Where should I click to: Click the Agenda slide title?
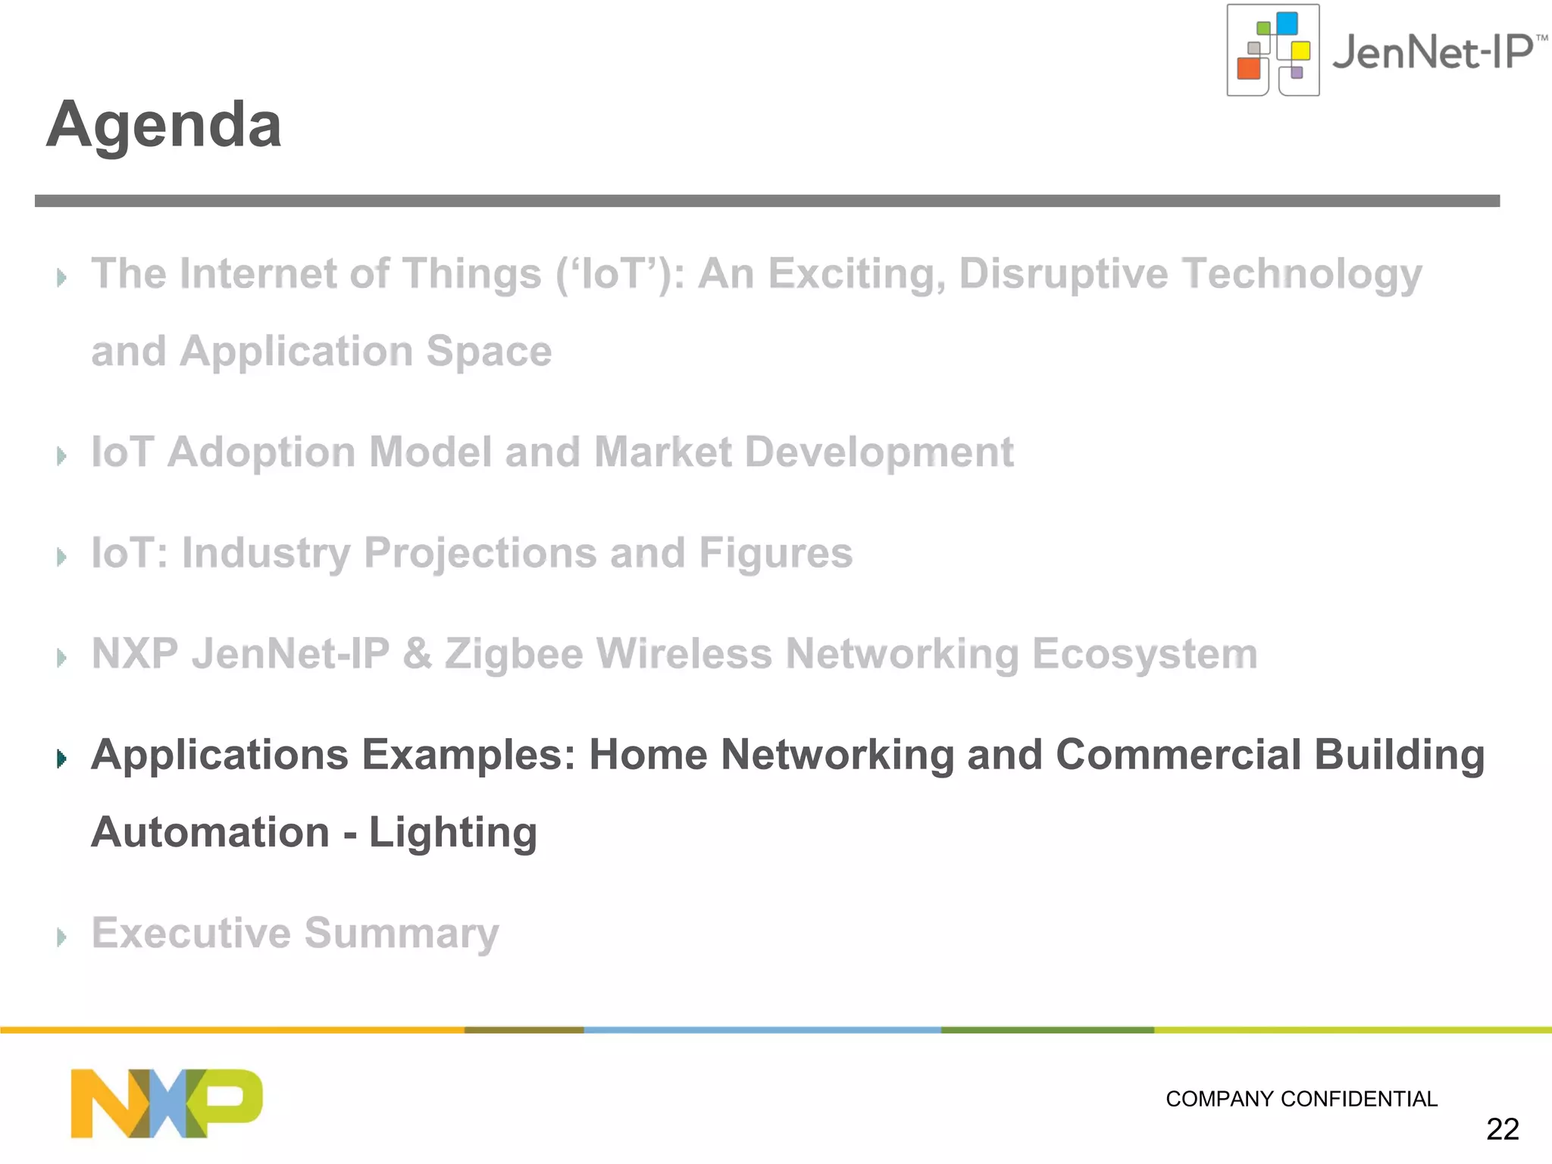[164, 125]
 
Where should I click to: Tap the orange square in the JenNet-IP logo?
[1248, 68]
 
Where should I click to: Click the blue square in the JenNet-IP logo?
[1287, 23]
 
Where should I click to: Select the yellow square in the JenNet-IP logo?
[1300, 51]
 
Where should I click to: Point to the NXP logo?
[166, 1103]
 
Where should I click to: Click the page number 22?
[1502, 1129]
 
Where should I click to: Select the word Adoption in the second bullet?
[261, 452]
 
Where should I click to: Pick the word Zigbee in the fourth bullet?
[514, 654]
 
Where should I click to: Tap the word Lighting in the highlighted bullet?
[453, 833]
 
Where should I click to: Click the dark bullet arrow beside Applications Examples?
[62, 758]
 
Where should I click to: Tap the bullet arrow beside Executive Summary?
[62, 937]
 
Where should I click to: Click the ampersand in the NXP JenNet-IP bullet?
[417, 654]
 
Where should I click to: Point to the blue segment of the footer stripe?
[762, 1030]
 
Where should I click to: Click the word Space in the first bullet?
[489, 352]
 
